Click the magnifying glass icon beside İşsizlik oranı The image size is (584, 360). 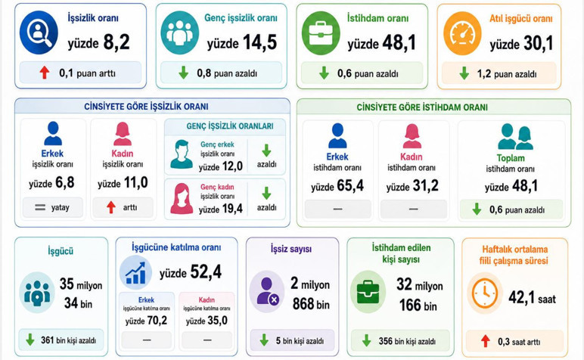[39, 33]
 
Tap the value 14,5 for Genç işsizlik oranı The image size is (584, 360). [260, 42]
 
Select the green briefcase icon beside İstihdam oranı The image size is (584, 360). [321, 33]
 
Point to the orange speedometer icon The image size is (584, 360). [462, 33]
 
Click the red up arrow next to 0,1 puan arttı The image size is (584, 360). [45, 73]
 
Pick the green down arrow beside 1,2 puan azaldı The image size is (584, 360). [464, 73]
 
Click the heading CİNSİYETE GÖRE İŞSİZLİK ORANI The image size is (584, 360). [146, 107]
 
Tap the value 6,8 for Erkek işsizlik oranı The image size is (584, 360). [65, 182]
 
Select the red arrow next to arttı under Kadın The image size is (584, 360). [111, 207]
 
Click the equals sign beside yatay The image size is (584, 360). [40, 207]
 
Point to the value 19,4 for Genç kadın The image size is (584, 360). [231, 209]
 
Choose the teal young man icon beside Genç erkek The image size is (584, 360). [182, 154]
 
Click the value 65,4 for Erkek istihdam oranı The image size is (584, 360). [350, 185]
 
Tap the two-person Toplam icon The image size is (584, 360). [515, 137]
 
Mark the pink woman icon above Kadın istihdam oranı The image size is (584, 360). [412, 136]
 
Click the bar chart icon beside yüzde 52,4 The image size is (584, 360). [135, 272]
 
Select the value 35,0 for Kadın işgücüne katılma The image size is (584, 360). [217, 321]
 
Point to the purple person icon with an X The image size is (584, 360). [267, 291]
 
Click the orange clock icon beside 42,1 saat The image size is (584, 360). [485, 293]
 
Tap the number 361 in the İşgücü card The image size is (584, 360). [48, 340]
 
